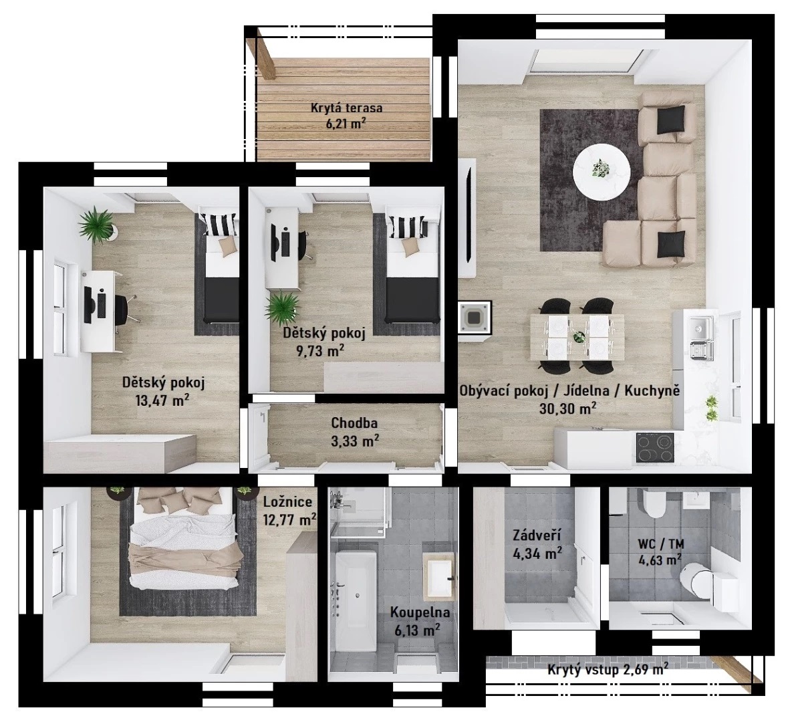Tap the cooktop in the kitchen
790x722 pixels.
pyautogui.click(x=655, y=447)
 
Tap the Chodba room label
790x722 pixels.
pyautogui.click(x=354, y=424)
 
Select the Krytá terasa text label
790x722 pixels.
pyautogui.click(x=346, y=108)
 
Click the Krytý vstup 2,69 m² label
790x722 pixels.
pyautogui.click(x=608, y=670)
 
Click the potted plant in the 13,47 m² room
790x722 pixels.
pyautogui.click(x=97, y=225)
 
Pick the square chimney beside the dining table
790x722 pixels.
pyautogui.click(x=474, y=317)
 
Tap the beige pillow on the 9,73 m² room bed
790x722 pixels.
pyautogui.click(x=410, y=245)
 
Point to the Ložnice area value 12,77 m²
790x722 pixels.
pyautogui.click(x=290, y=519)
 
